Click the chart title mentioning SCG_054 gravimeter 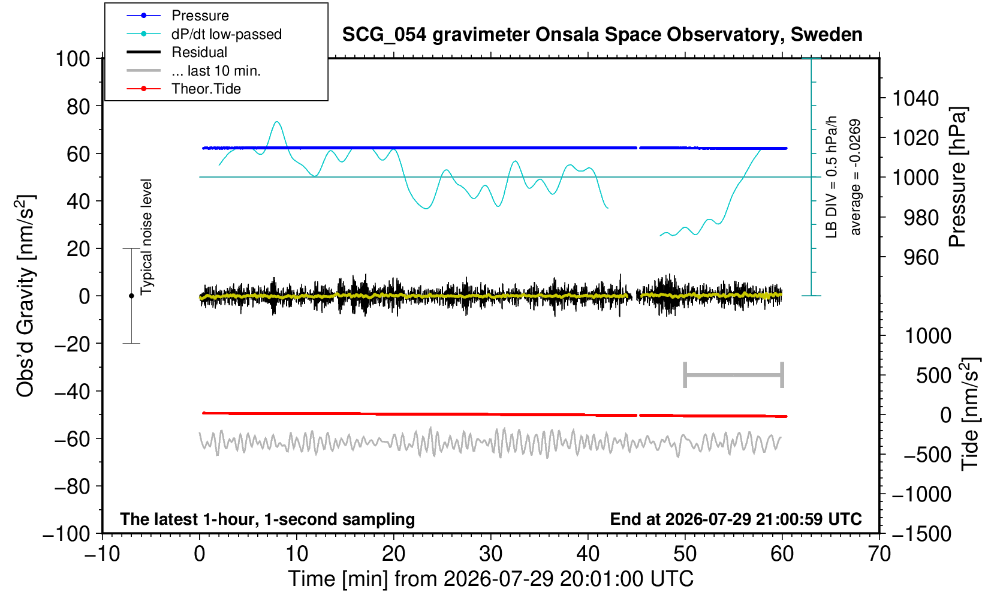[x=602, y=35]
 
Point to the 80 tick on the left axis [x=79, y=106]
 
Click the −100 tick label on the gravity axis [x=67, y=534]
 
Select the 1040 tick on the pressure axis [x=915, y=98]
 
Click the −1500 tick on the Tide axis [x=921, y=534]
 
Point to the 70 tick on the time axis [x=879, y=554]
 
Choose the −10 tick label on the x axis [x=102, y=554]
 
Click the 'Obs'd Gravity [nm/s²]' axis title [x=25, y=296]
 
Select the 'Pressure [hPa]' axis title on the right [x=958, y=177]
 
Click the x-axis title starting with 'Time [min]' [x=490, y=579]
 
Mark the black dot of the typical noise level [x=131, y=296]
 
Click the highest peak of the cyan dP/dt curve [x=277, y=122]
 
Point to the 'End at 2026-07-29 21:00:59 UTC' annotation [x=736, y=519]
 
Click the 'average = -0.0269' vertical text [x=855, y=177]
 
